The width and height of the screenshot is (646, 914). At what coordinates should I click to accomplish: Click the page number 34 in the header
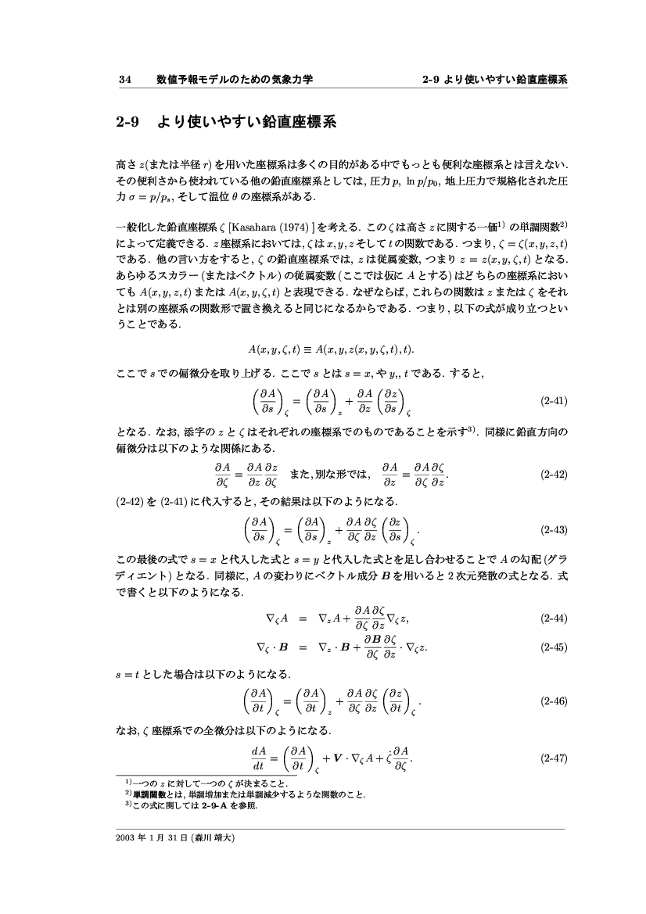click(x=124, y=79)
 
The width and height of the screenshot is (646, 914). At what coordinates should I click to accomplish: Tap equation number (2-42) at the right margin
click(x=554, y=474)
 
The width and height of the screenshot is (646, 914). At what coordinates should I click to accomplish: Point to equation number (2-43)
click(x=554, y=529)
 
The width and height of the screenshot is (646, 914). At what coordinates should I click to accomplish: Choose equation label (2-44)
click(x=554, y=618)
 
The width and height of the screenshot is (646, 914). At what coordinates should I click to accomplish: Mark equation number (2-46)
click(x=554, y=701)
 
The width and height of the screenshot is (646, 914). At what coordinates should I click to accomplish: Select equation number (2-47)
click(x=554, y=758)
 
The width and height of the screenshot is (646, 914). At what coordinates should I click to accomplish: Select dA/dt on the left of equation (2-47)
click(x=259, y=758)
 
